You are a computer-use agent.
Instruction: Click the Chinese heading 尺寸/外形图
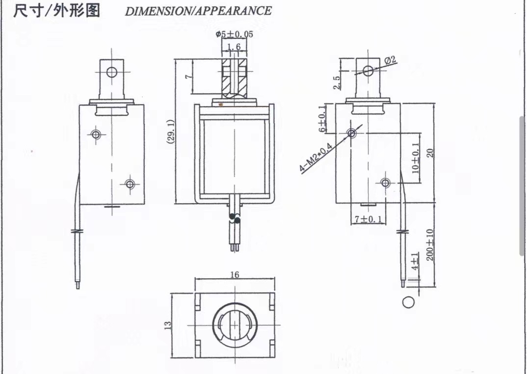[56, 10]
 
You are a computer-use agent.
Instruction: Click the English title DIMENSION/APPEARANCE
[198, 11]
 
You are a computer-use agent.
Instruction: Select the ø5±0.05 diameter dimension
[234, 34]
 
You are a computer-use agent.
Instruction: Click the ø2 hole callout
[390, 60]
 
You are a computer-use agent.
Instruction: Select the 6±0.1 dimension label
[322, 119]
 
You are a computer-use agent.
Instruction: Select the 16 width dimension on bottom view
[235, 275]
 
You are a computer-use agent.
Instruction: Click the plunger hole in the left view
[112, 72]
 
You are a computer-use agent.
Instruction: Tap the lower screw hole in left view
[130, 184]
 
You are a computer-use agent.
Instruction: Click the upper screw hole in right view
[351, 133]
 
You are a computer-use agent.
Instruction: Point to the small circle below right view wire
[408, 302]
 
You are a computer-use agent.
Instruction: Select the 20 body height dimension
[430, 153]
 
